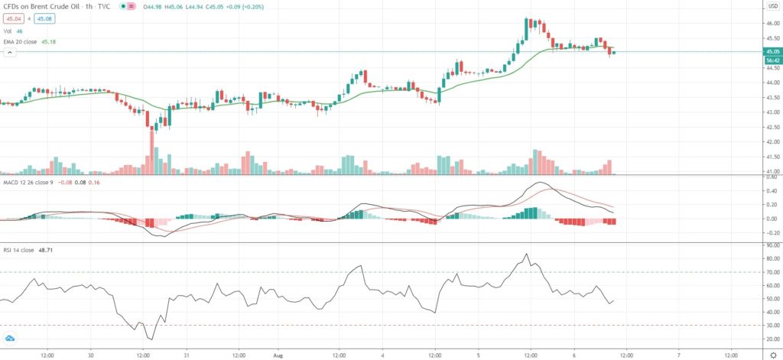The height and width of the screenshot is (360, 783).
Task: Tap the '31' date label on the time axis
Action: pyautogui.click(x=187, y=354)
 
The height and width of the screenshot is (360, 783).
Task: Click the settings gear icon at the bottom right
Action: pyautogui.click(x=772, y=354)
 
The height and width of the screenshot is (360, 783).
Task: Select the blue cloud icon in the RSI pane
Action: pyautogui.click(x=11, y=338)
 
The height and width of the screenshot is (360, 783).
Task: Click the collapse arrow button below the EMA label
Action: pyautogui.click(x=10, y=53)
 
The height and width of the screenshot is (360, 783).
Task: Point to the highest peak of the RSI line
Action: pyautogui.click(x=526, y=255)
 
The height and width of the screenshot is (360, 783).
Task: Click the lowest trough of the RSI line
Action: pyautogui.click(x=151, y=339)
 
